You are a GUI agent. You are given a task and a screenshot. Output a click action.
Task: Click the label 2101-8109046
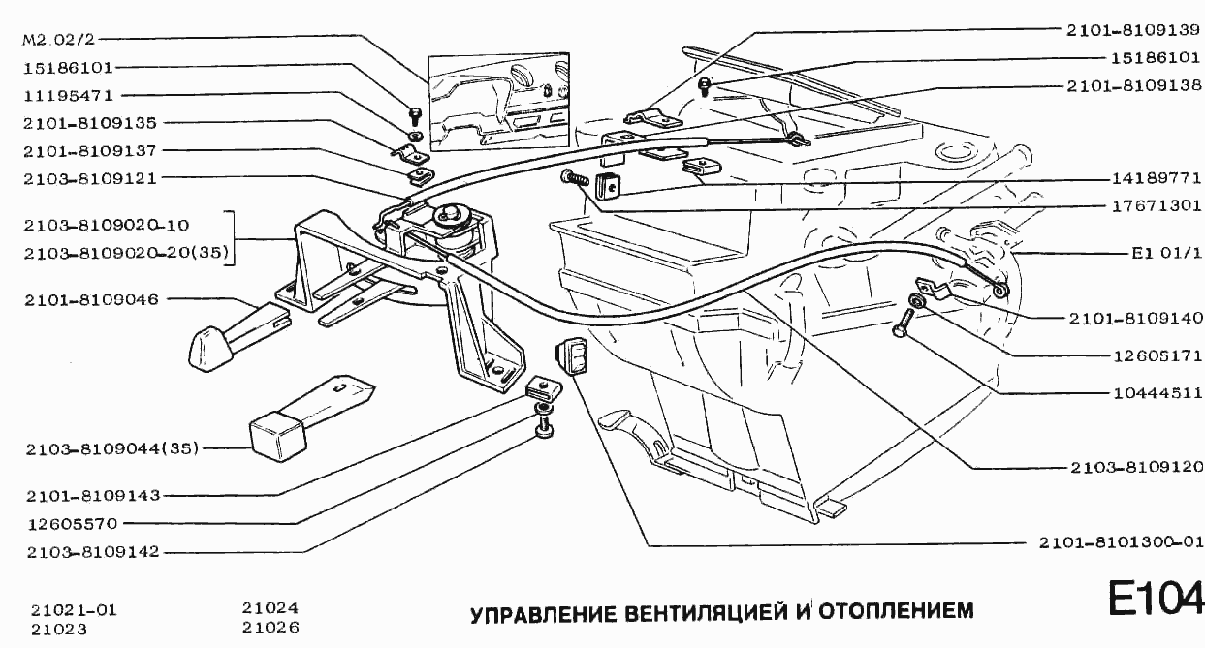[92, 299]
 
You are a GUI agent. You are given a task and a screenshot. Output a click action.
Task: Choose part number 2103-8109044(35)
[111, 448]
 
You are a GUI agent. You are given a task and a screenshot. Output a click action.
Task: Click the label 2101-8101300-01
[1120, 542]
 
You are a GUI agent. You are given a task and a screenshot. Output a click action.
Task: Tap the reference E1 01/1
[1166, 257]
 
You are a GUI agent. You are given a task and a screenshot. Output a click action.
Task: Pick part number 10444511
[1154, 393]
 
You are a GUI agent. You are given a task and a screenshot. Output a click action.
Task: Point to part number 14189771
[1154, 179]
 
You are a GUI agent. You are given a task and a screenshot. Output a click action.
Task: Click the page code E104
[1156, 599]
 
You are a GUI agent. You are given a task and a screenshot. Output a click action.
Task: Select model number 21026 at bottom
[270, 628]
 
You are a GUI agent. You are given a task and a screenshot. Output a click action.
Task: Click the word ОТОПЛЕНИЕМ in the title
[896, 612]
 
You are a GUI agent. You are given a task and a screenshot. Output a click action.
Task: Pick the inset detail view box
[501, 103]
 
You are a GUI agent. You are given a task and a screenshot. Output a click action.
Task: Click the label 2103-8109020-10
[107, 226]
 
